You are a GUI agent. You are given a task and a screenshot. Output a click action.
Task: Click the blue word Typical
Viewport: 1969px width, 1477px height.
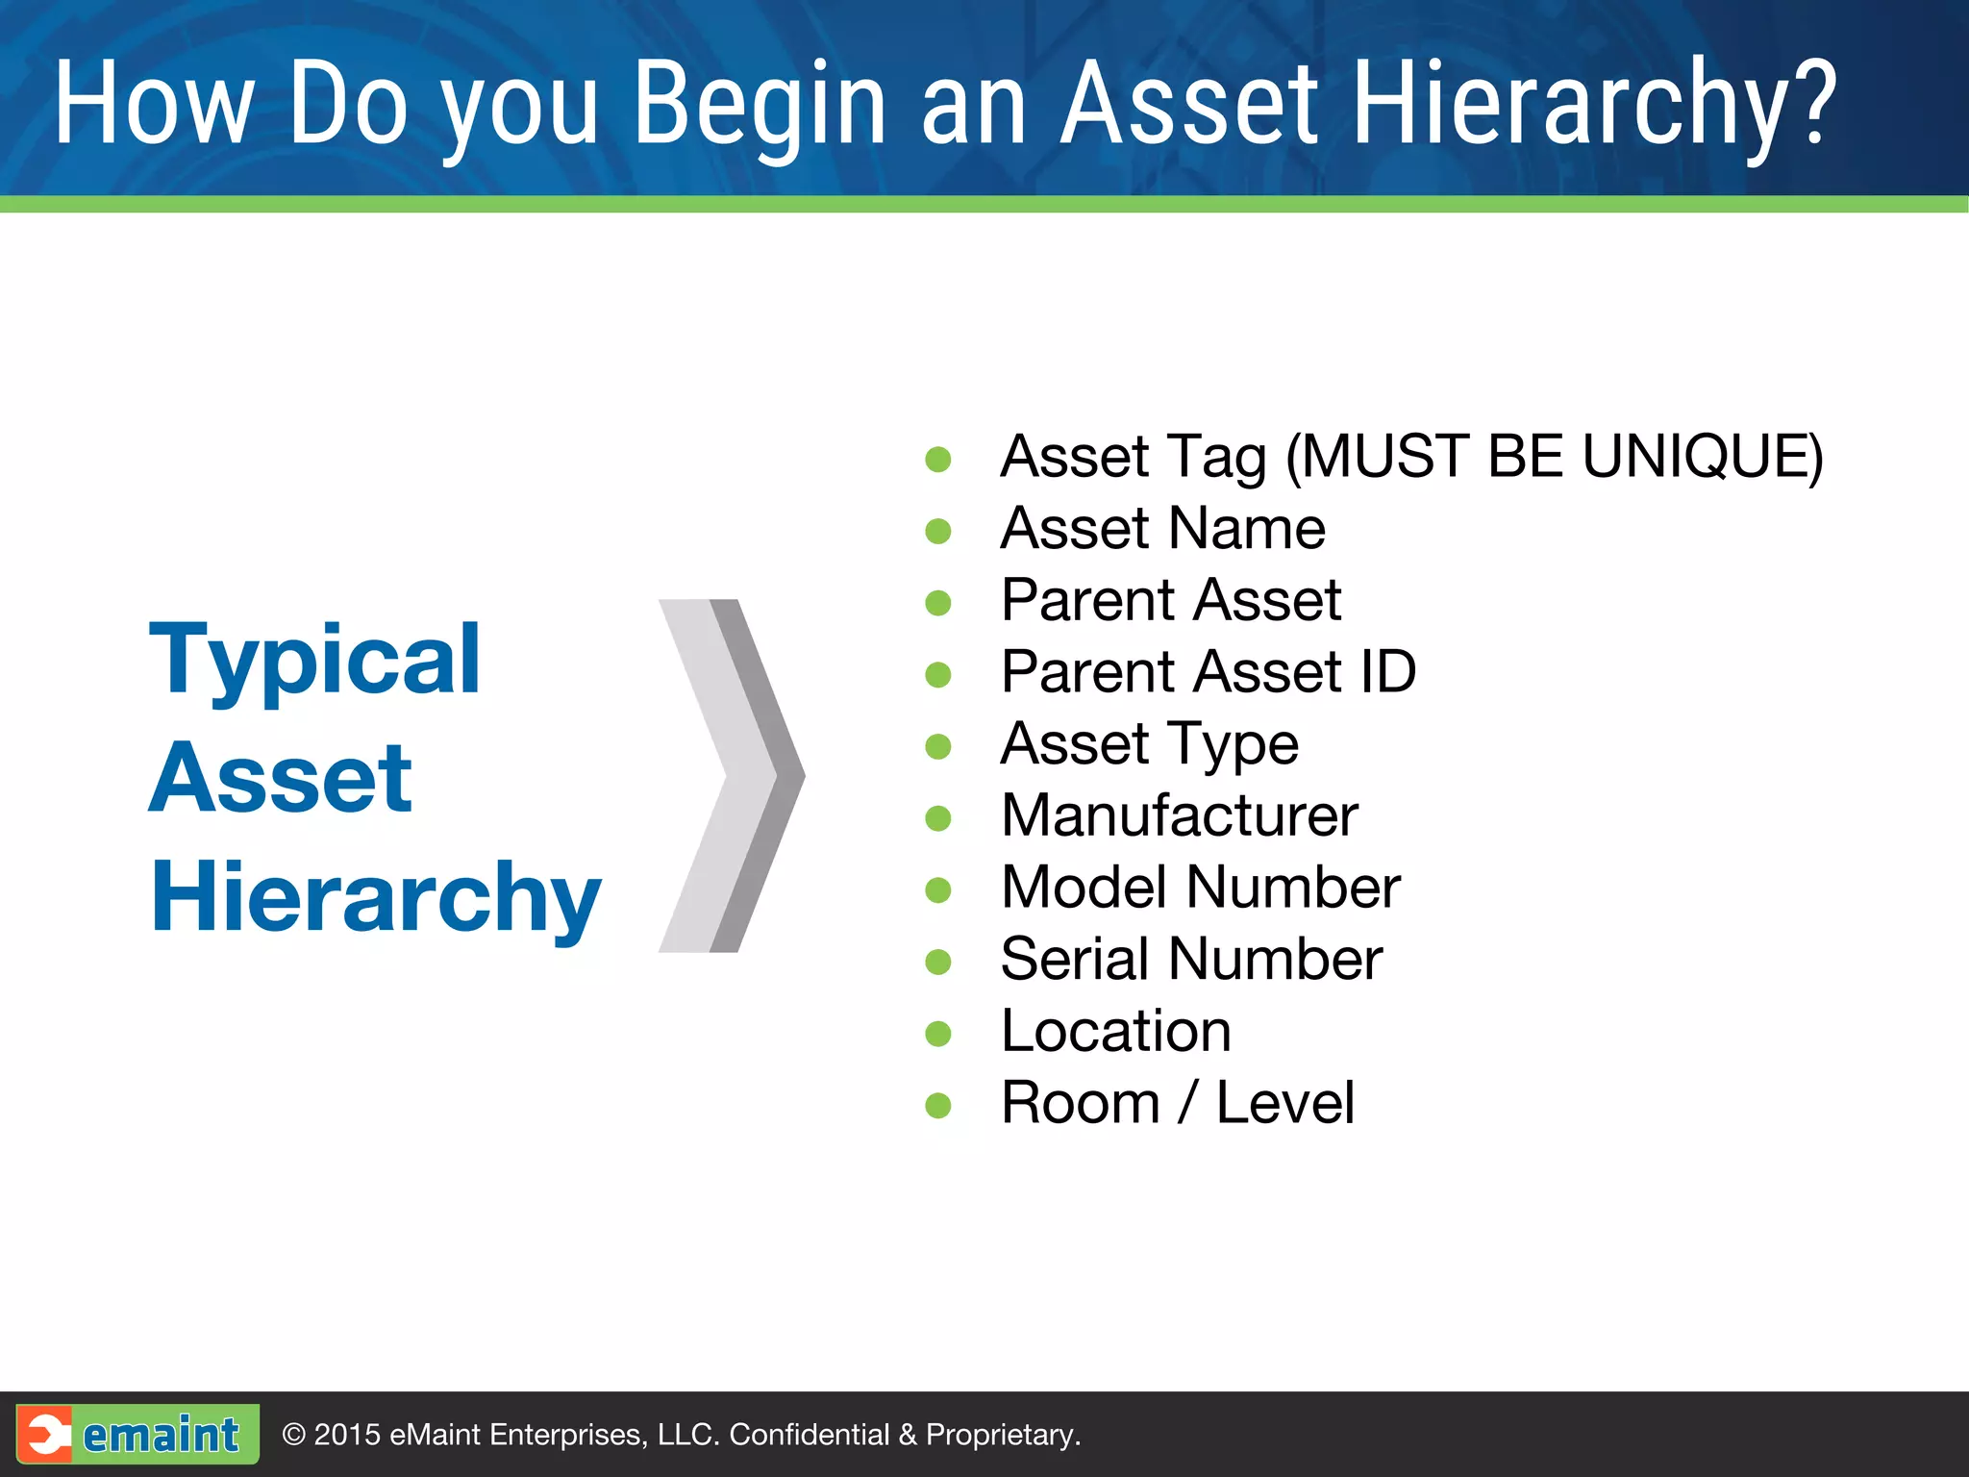[x=314, y=661]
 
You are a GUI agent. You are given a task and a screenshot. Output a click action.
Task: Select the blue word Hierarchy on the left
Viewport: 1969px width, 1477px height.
[x=376, y=897]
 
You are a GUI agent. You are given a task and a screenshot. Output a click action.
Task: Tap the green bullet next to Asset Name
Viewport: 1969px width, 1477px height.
[x=937, y=531]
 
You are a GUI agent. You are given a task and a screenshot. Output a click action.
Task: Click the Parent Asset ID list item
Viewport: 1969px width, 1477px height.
[x=1208, y=671]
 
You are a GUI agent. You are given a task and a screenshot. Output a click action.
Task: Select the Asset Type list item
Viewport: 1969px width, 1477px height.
[x=1149, y=744]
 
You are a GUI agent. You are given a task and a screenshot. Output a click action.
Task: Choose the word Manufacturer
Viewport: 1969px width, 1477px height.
[x=1179, y=815]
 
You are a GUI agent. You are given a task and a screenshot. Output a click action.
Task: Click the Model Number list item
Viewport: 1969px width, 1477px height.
[x=1200, y=887]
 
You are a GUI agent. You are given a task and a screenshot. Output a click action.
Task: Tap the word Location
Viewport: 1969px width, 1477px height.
[x=1115, y=1031]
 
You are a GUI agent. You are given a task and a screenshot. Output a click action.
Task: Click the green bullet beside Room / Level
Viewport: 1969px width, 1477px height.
[x=937, y=1105]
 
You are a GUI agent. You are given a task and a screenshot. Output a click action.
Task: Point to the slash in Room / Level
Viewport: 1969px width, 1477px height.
[x=1188, y=1103]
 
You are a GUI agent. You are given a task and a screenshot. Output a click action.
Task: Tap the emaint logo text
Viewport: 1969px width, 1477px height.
[x=161, y=1435]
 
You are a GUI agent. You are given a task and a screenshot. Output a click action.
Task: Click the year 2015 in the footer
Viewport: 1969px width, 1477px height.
[x=347, y=1435]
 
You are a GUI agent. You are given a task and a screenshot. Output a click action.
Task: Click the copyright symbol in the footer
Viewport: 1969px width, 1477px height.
[x=293, y=1435]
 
